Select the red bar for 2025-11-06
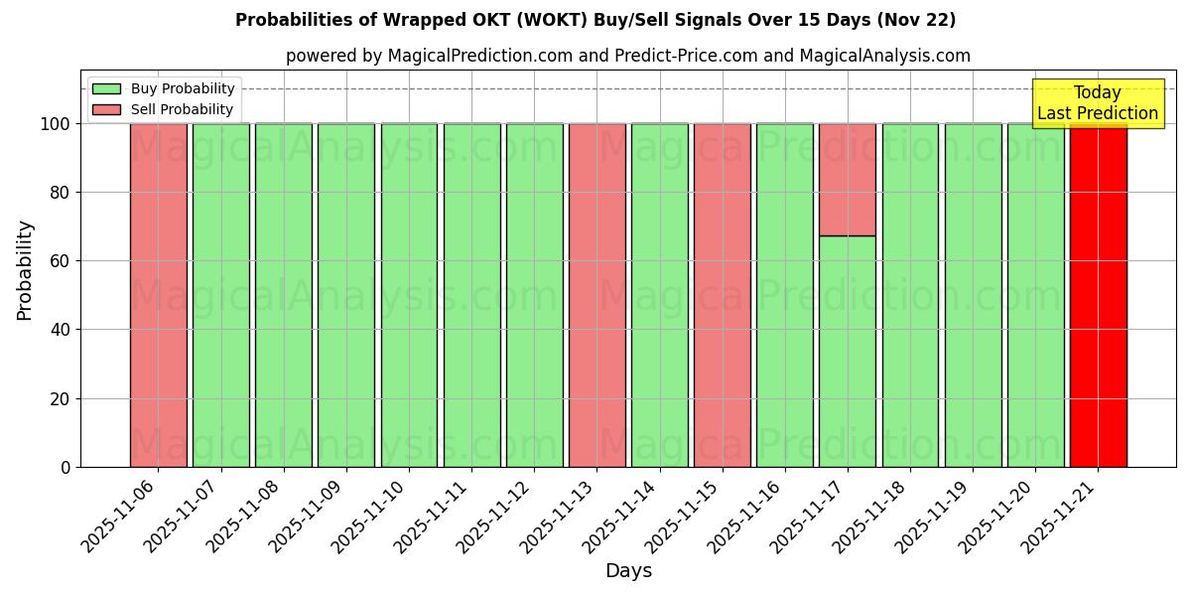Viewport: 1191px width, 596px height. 159,295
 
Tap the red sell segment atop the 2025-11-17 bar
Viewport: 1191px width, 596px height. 848,180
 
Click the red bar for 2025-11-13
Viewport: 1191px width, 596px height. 597,295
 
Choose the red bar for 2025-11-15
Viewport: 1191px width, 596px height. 723,295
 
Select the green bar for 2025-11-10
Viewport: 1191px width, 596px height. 409,295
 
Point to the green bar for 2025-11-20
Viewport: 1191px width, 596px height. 1035,295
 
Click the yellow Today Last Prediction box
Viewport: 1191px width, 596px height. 1098,103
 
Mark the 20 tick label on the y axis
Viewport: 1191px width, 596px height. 61,399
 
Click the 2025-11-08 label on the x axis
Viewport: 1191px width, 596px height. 245,516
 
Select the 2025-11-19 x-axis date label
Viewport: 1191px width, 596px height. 933,516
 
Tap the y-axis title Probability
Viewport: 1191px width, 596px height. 25,270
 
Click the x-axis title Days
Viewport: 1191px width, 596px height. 628,571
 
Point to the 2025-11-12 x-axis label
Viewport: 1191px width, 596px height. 495,516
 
